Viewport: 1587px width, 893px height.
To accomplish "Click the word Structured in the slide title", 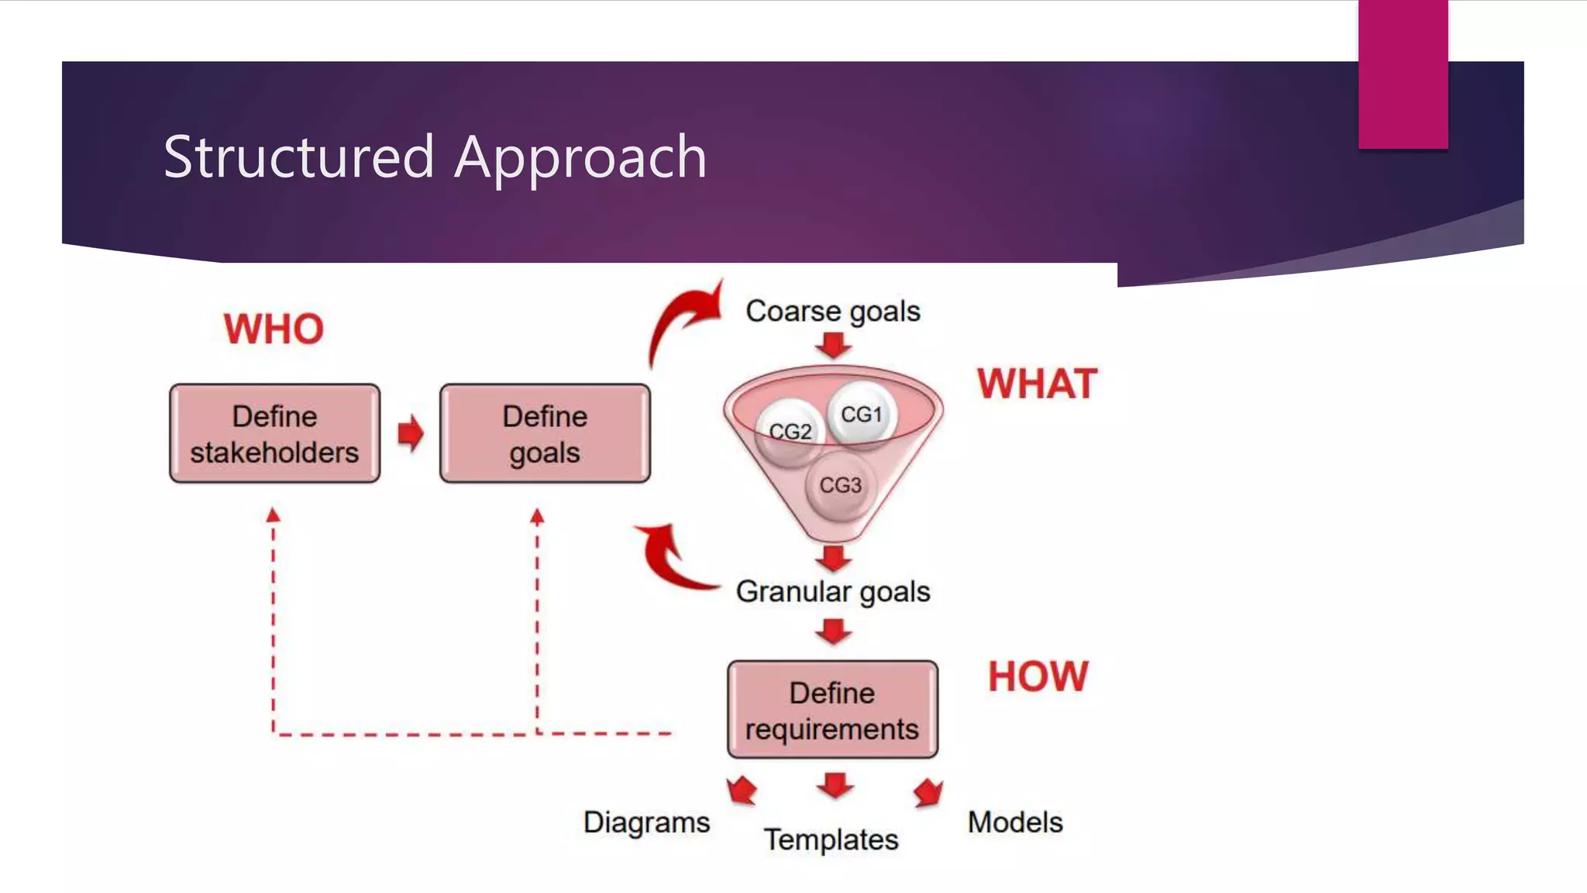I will click(298, 157).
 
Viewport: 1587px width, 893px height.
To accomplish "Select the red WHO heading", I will click(274, 329).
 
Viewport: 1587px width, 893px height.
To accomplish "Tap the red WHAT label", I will click(1037, 384).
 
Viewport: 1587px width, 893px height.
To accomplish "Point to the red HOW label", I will click(1038, 677).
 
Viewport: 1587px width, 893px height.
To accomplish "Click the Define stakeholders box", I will click(274, 434).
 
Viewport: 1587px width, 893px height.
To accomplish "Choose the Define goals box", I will click(545, 434).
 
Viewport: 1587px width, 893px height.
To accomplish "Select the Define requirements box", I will click(832, 710).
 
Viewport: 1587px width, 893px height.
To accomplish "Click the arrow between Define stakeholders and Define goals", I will click(410, 433).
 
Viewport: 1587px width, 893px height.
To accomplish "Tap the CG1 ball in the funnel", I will click(862, 414).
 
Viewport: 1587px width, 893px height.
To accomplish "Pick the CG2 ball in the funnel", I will click(790, 432).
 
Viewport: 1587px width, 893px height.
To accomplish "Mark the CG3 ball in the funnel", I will click(839, 486).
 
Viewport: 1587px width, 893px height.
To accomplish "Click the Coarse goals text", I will click(832, 312).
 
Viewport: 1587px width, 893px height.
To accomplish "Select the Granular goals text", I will click(832, 592).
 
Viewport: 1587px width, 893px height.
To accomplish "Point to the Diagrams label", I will click(646, 822).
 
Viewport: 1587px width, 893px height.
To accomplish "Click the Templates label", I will click(831, 840).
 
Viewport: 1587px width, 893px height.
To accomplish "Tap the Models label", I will click(1014, 822).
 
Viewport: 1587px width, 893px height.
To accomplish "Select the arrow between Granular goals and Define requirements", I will click(833, 632).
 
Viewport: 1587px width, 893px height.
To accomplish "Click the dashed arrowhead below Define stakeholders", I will click(273, 515).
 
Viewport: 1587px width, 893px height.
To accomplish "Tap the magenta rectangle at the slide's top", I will click(1403, 74).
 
